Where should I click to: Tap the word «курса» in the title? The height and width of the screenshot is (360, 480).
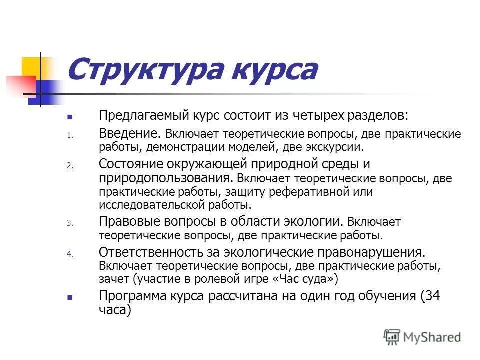270,70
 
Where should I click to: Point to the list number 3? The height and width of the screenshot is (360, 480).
70,223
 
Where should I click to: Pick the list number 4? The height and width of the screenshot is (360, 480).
70,253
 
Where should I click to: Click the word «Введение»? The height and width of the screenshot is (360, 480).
129,133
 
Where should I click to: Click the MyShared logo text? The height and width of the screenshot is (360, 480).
431,337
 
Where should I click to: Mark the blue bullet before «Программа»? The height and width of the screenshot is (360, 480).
70,296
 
